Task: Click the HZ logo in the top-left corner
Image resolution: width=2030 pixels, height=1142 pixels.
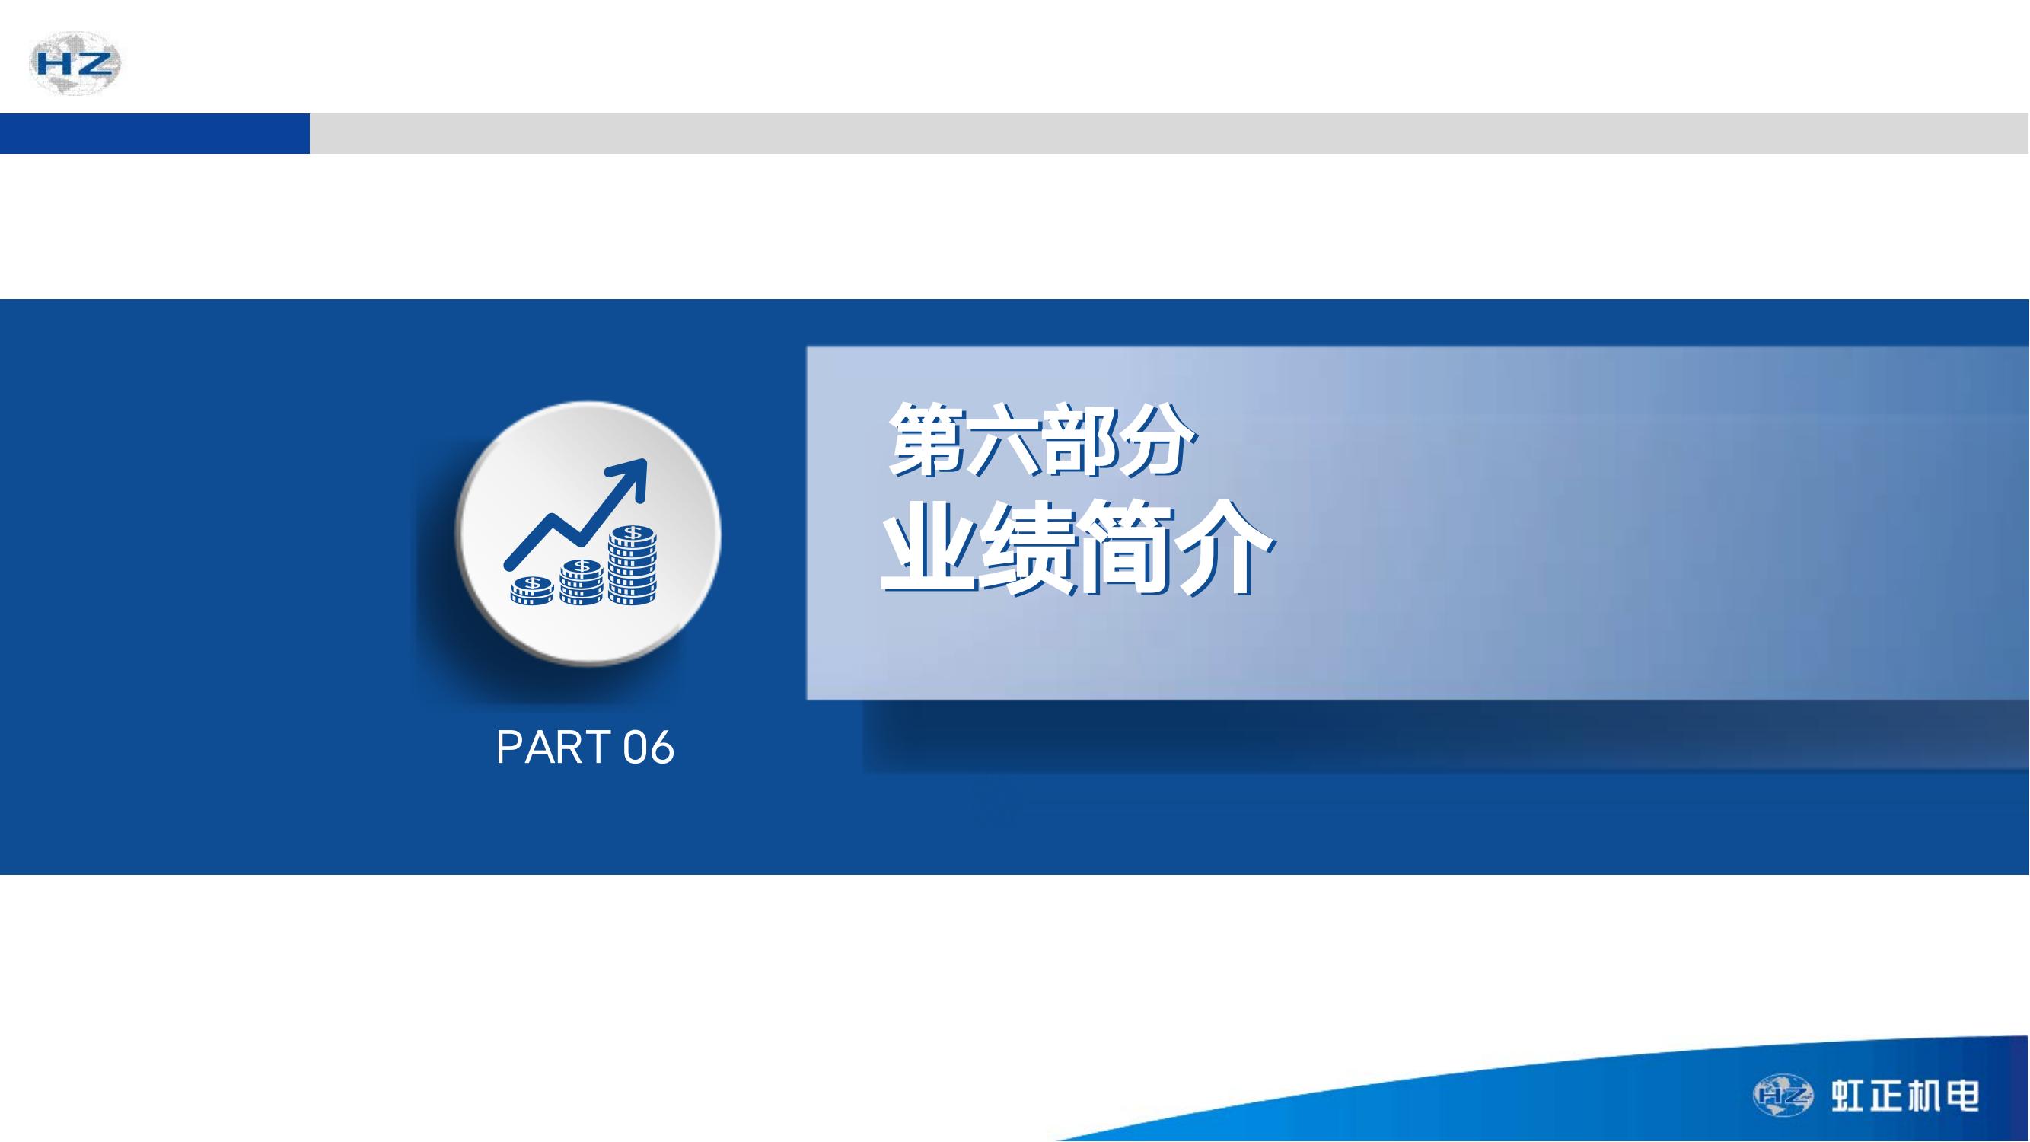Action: pyautogui.click(x=75, y=63)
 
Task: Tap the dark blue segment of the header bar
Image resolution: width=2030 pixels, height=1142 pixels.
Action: pyautogui.click(x=155, y=133)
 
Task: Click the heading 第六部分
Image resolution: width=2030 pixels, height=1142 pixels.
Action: pyautogui.click(x=1042, y=440)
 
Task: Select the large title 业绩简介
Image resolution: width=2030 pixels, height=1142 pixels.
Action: pyautogui.click(x=1076, y=547)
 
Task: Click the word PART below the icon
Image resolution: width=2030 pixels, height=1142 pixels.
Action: pyautogui.click(x=553, y=747)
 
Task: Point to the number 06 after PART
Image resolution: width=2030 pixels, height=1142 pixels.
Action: pyautogui.click(x=649, y=747)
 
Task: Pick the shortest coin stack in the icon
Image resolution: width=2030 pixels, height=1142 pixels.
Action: pyautogui.click(x=532, y=590)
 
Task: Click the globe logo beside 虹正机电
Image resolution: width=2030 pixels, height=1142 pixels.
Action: pyautogui.click(x=1783, y=1096)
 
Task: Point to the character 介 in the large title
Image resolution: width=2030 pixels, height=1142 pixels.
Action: pyautogui.click(x=1225, y=548)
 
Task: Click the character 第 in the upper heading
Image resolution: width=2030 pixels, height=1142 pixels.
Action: pyautogui.click(x=924, y=440)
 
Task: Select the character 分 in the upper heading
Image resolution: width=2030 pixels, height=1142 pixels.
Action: pyautogui.click(x=1159, y=440)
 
